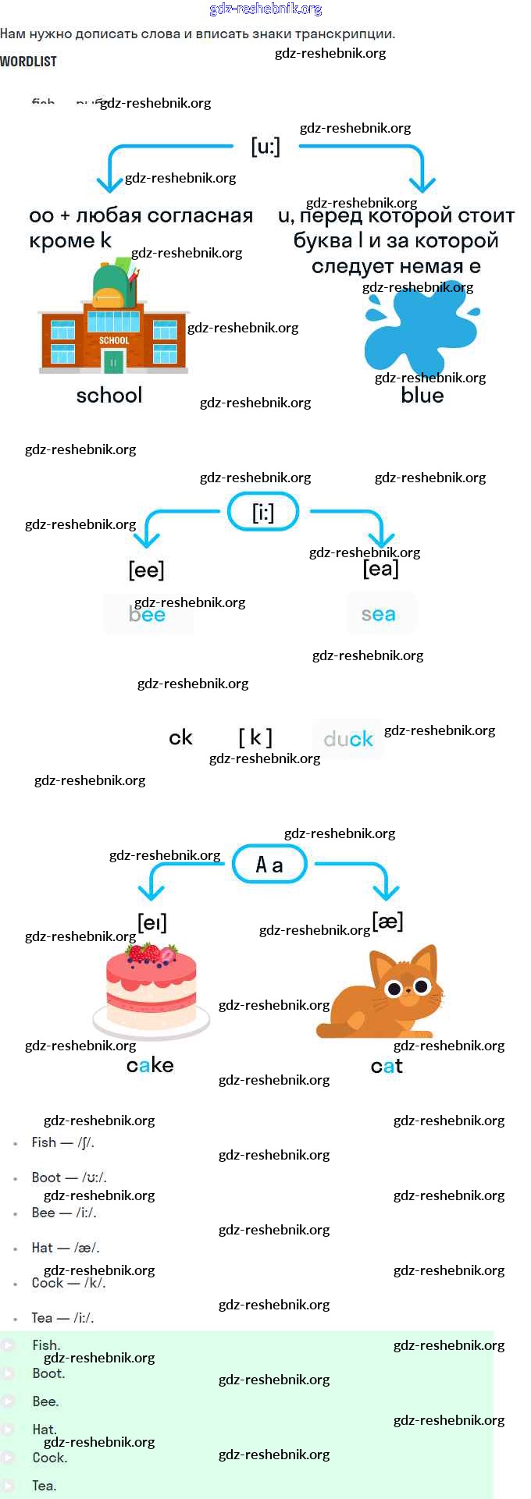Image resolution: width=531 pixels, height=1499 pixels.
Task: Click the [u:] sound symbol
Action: tap(265, 146)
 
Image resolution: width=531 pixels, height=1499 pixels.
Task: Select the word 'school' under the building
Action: tap(109, 396)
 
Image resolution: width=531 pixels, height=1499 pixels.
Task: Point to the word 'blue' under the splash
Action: tap(422, 396)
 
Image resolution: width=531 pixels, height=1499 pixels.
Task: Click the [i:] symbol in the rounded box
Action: tap(263, 512)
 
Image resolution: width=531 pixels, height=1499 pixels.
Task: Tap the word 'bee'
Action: tap(148, 615)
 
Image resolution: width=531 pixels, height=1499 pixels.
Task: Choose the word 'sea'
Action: tap(379, 615)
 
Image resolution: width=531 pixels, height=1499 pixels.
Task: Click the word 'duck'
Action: tap(348, 739)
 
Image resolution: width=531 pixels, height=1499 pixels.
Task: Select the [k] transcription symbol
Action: tap(255, 737)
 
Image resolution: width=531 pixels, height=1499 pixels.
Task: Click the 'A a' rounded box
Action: tap(269, 865)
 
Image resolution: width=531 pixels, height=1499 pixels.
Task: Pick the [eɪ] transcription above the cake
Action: tap(152, 923)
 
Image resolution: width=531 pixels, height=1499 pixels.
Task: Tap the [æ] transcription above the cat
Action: tap(387, 922)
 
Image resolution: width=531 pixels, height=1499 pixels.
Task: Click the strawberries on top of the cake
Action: tap(152, 954)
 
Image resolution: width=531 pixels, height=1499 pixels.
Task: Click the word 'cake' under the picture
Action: tap(150, 1066)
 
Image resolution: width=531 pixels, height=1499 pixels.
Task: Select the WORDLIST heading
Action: tap(28, 61)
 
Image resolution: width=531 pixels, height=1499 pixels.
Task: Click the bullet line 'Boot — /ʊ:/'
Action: tap(69, 1178)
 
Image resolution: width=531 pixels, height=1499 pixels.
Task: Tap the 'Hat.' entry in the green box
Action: tap(45, 1430)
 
